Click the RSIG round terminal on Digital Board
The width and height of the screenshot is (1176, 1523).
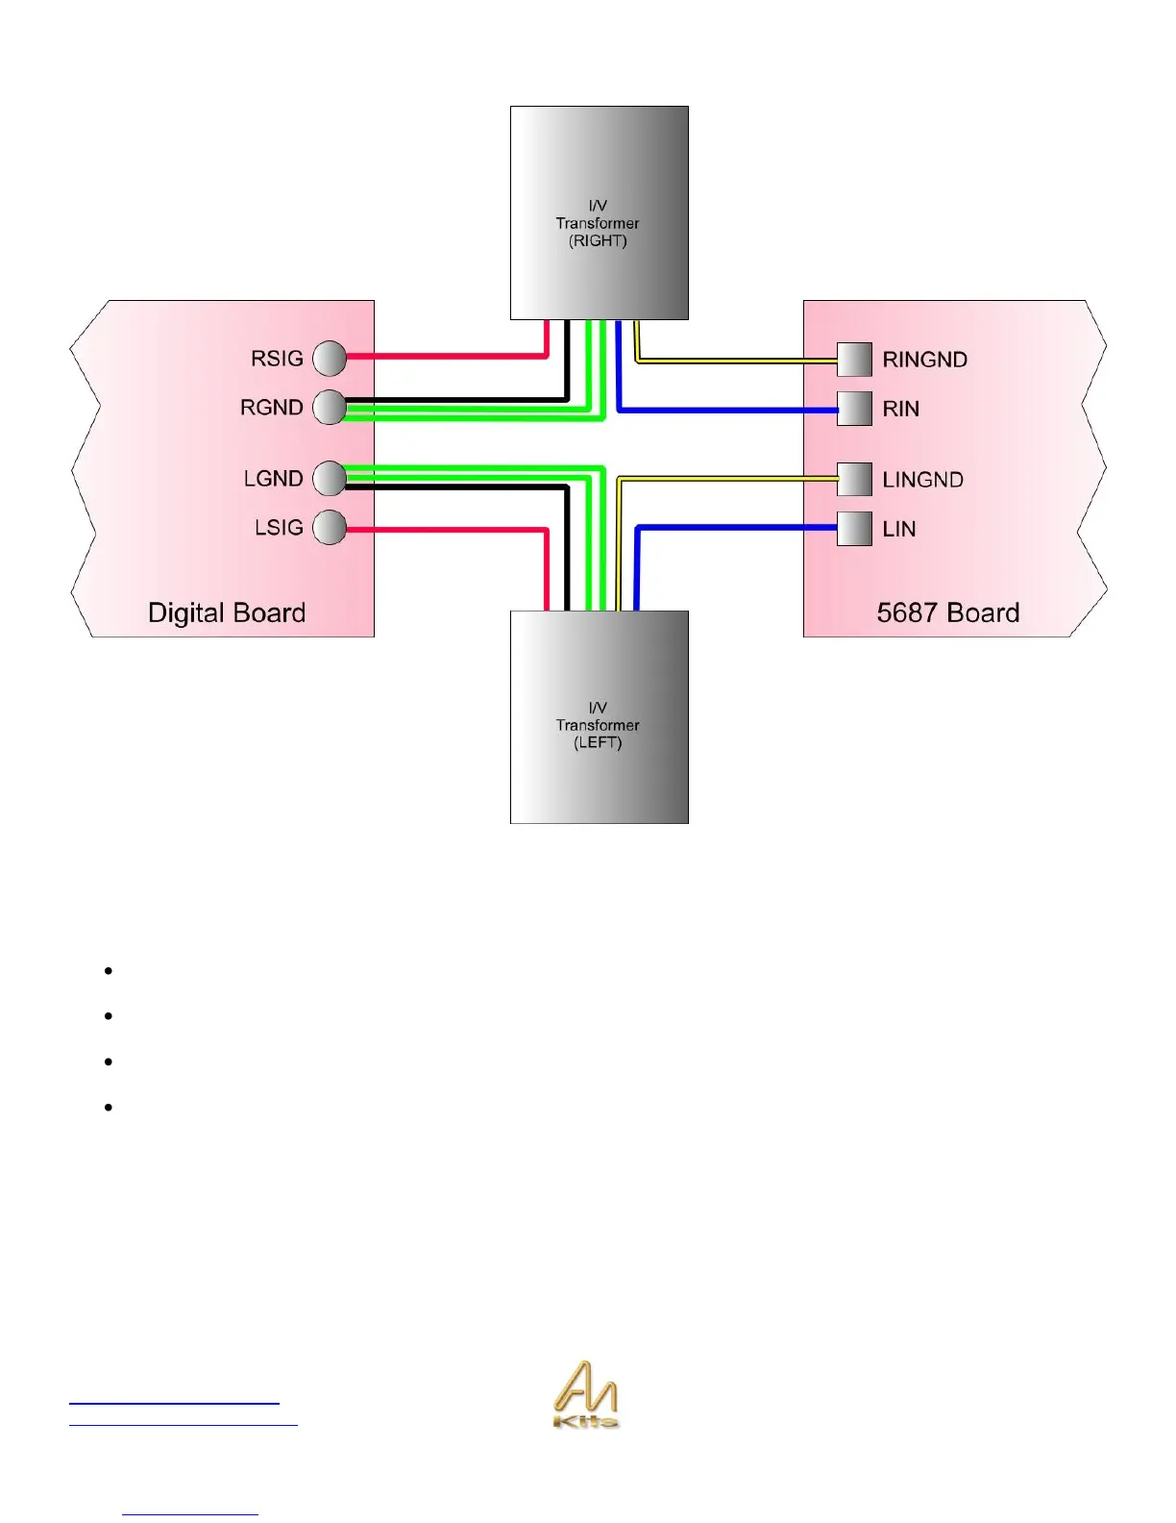(x=330, y=358)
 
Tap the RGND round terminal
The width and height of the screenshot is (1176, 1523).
(x=330, y=407)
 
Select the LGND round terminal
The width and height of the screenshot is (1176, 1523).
(x=330, y=478)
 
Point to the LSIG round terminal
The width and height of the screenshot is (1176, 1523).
(x=330, y=527)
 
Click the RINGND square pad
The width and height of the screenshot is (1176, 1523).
(x=854, y=360)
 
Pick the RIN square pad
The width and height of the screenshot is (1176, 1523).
(x=854, y=409)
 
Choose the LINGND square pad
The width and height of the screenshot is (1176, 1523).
(x=854, y=479)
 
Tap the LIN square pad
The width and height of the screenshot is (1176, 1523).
(x=854, y=528)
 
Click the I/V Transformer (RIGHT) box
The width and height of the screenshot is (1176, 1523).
(x=599, y=212)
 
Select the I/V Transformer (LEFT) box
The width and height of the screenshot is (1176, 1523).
(x=599, y=717)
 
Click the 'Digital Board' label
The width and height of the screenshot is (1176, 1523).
(x=227, y=612)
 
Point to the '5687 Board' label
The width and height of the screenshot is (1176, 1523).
(x=947, y=612)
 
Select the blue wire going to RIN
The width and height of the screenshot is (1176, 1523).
(x=730, y=411)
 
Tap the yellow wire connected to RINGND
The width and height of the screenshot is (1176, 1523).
(x=740, y=361)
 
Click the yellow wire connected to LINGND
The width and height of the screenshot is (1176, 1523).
(x=730, y=478)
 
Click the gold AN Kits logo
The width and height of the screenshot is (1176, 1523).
(x=586, y=1394)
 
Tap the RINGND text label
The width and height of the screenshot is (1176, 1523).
(x=924, y=360)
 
